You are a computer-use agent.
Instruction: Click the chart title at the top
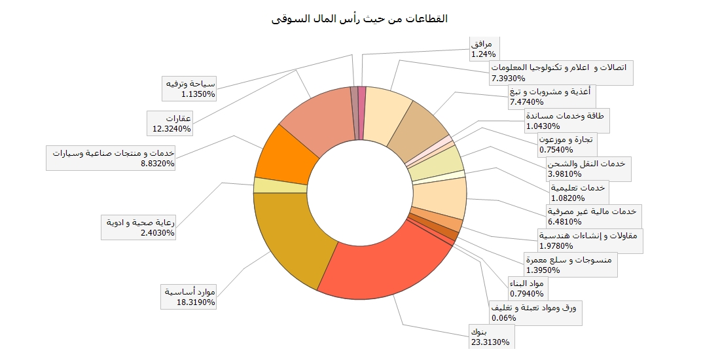pyautogui.click(x=359, y=18)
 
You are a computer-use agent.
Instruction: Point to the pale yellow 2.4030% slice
pyautogui.click(x=280, y=185)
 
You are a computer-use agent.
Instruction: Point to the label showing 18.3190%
pyautogui.click(x=190, y=297)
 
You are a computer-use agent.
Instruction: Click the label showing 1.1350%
pyautogui.click(x=190, y=88)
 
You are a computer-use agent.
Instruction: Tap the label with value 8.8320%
pyautogui.click(x=114, y=158)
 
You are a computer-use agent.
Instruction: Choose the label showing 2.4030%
pyautogui.click(x=138, y=227)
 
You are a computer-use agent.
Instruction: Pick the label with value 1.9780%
pyautogui.click(x=590, y=240)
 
